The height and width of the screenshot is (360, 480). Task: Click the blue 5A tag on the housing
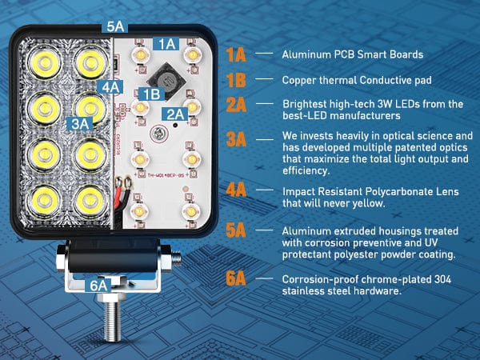[x=114, y=26]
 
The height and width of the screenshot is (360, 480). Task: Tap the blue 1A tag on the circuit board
[x=166, y=44]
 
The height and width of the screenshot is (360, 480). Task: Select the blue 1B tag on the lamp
[x=151, y=94]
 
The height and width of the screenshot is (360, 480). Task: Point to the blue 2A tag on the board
[x=174, y=114]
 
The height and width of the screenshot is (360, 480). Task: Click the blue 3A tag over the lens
[x=80, y=124]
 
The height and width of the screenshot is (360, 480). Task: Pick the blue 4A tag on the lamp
[x=110, y=87]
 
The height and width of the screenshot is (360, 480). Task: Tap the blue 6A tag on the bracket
[x=98, y=286]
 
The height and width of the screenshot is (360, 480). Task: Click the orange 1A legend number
[x=236, y=54]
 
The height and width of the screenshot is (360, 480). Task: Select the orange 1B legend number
[x=236, y=80]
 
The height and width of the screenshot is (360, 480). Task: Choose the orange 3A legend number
[x=236, y=139]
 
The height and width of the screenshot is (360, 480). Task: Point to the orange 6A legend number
[x=236, y=278]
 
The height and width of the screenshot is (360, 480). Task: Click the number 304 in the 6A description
[x=442, y=279]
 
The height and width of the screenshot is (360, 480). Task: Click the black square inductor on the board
[x=166, y=81]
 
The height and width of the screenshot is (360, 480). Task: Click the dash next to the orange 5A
[x=264, y=230]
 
